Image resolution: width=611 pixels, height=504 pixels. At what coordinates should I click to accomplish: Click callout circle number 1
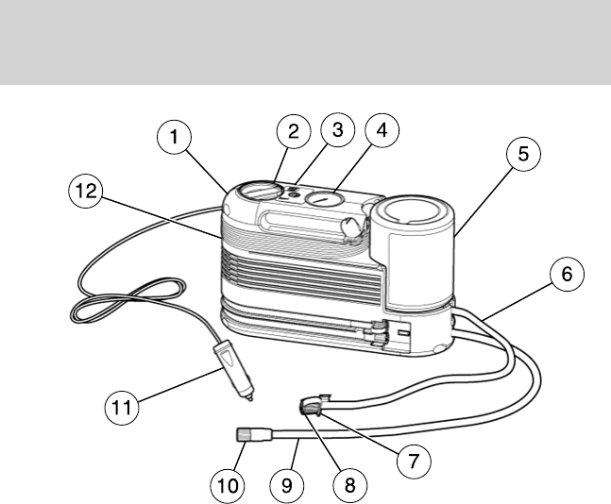(x=173, y=137)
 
